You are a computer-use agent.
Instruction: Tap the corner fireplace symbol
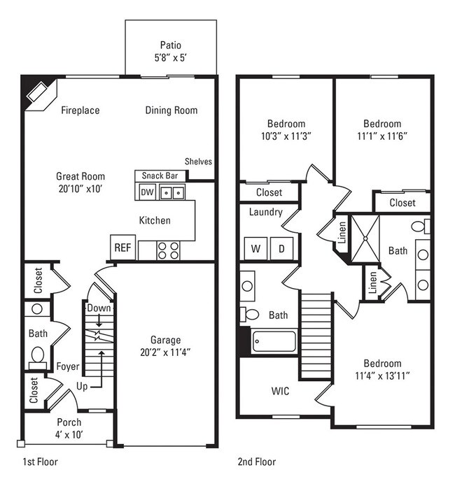36,92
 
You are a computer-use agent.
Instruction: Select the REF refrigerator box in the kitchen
122,248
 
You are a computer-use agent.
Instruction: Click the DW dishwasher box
146,192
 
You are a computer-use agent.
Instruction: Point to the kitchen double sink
172,192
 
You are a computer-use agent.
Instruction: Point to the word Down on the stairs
99,308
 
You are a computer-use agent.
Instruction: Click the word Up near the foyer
82,386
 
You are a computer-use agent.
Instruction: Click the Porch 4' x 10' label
69,428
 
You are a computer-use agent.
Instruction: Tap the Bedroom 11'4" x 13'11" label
381,369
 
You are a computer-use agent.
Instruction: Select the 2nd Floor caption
256,462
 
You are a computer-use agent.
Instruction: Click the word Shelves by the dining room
198,162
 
